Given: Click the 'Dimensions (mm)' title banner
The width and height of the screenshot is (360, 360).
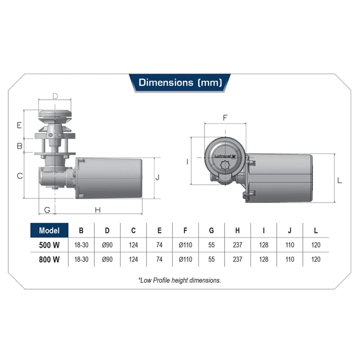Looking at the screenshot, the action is [180, 82].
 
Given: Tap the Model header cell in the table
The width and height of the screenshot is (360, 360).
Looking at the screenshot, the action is [49, 230].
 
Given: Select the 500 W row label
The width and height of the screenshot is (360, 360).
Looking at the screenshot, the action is [49, 245].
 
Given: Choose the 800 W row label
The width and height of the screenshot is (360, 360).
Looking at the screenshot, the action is [49, 260].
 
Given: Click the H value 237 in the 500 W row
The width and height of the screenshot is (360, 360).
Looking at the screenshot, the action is [238, 245].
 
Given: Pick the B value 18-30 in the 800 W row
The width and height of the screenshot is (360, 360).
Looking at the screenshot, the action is [81, 260].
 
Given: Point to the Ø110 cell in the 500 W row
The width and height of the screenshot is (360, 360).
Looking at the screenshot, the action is [185, 245].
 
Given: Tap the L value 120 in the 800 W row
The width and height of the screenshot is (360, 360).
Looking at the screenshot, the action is [316, 260].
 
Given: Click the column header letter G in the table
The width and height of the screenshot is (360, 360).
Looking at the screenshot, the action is [211, 230].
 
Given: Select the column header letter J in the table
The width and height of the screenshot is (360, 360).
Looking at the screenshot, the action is [290, 230].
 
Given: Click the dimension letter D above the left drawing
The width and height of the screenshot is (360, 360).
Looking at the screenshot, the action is [55, 96].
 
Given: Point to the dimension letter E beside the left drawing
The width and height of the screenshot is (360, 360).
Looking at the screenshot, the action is [19, 125].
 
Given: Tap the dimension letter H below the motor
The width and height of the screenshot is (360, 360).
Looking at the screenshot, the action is [98, 210].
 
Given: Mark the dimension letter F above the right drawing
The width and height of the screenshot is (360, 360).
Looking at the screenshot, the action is [225, 118].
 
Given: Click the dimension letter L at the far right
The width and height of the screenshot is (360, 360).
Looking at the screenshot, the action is [340, 180].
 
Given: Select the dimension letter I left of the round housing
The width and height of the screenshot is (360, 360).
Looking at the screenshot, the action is [187, 162].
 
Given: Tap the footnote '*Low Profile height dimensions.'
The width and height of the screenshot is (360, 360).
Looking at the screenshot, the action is [180, 280].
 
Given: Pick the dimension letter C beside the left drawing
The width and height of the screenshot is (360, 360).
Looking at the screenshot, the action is [20, 176].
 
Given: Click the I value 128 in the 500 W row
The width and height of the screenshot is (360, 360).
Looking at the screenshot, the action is [264, 245].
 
